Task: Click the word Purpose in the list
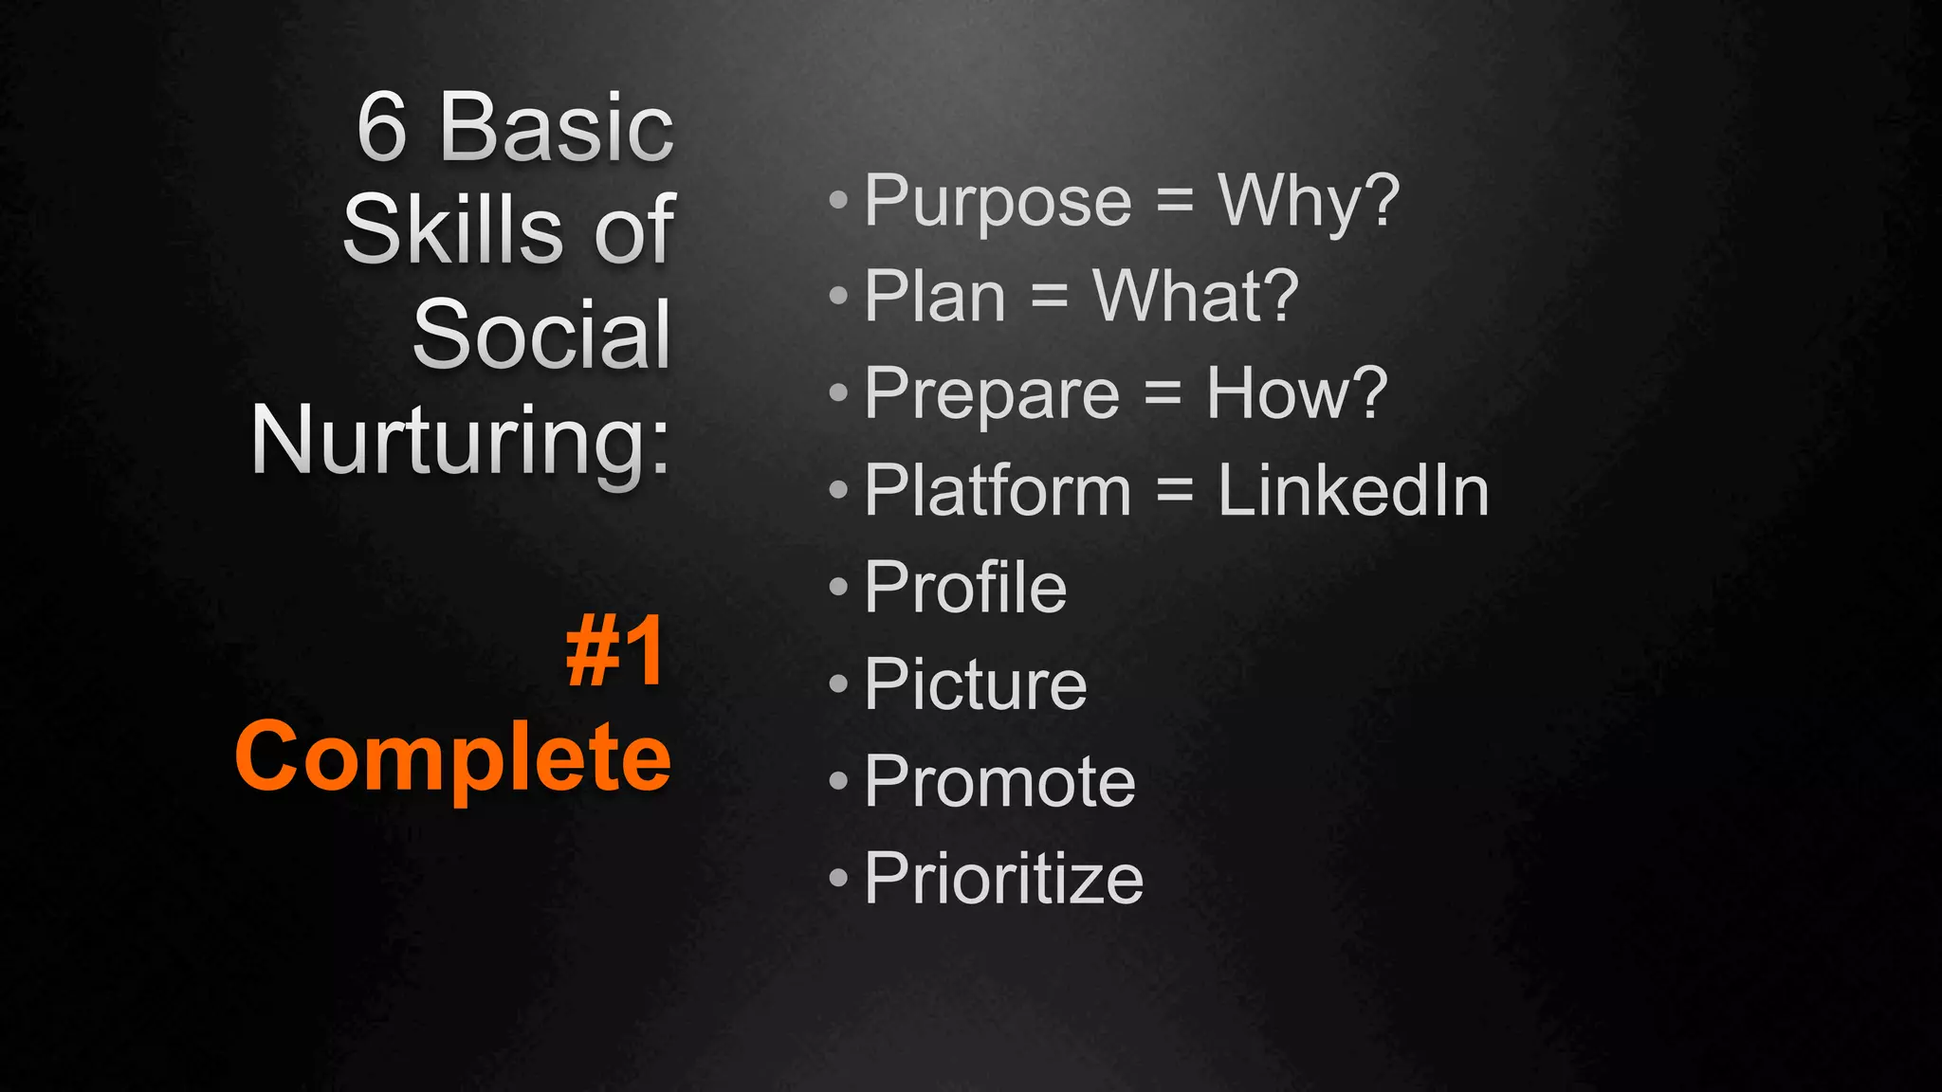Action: tap(998, 203)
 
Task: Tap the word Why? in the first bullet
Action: tap(1309, 203)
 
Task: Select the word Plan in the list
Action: tap(935, 298)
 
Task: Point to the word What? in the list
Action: tap(1196, 298)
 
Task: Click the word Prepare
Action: tap(992, 395)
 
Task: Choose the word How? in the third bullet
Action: tap(1296, 393)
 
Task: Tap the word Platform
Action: tap(998, 491)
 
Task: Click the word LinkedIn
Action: tap(1353, 491)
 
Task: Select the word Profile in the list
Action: tap(965, 588)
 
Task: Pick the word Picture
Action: tap(975, 684)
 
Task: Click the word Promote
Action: tap(999, 782)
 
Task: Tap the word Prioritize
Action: tap(1003, 879)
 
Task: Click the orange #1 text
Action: tap(615, 653)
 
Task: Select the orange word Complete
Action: tap(453, 757)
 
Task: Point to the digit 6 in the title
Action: tap(381, 129)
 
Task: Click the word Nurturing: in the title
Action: tap(461, 442)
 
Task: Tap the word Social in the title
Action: tap(541, 336)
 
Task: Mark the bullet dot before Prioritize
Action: tap(838, 878)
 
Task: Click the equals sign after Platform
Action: tap(1174, 491)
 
